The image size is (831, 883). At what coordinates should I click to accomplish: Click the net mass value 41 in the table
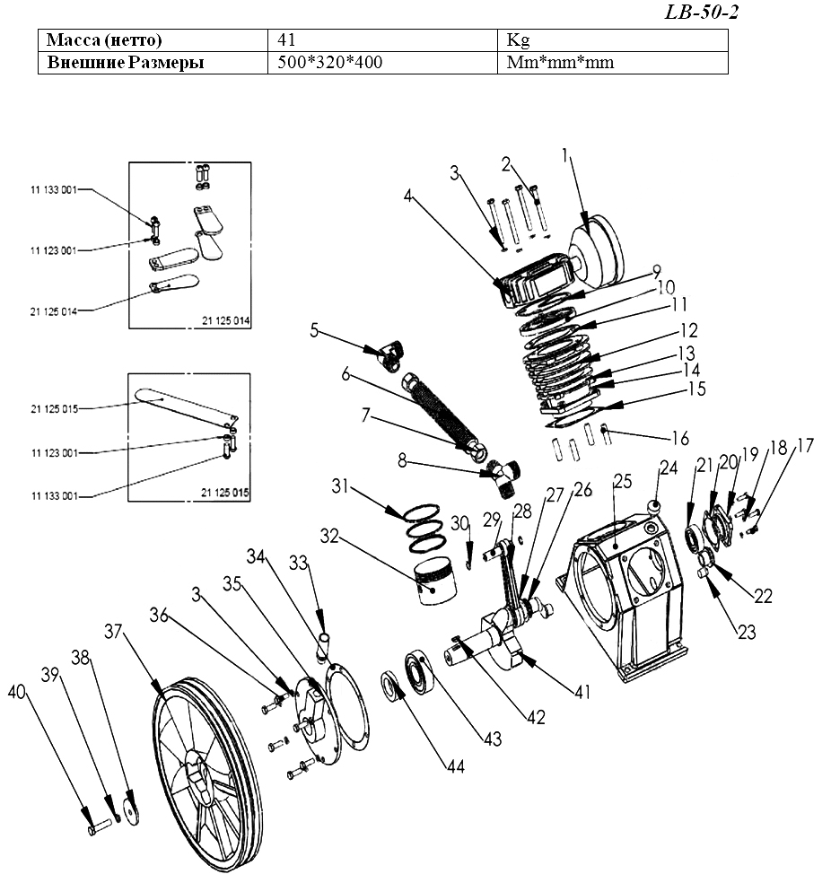(288, 40)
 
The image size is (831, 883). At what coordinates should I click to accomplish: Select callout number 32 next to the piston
(330, 538)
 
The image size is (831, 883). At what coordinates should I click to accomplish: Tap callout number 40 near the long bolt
(16, 691)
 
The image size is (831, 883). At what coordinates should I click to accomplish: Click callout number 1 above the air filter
(567, 155)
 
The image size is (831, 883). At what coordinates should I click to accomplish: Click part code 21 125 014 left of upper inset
(53, 310)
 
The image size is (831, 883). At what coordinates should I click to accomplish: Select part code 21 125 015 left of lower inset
(53, 409)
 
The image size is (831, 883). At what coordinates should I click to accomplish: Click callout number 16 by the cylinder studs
(680, 438)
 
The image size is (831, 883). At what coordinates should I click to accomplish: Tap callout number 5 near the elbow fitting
(315, 329)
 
